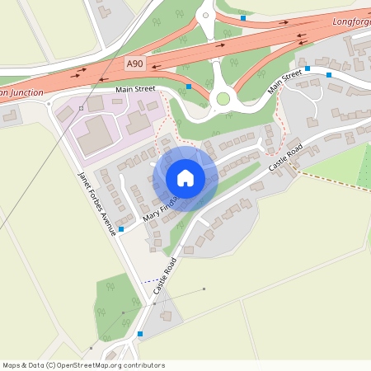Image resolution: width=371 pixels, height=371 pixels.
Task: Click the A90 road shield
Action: pyautogui.click(x=134, y=63)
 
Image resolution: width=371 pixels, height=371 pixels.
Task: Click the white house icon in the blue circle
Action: pyautogui.click(x=185, y=178)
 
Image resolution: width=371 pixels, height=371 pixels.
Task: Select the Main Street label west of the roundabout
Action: pyautogui.click(x=135, y=88)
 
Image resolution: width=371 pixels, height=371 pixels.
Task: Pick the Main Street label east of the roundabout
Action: pyautogui.click(x=283, y=84)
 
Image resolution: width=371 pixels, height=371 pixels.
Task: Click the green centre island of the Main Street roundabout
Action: pyautogui.click(x=222, y=99)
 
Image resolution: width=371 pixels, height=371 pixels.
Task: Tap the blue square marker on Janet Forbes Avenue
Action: pyautogui.click(x=122, y=228)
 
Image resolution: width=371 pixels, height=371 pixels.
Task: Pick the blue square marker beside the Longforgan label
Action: pyautogui.click(x=242, y=17)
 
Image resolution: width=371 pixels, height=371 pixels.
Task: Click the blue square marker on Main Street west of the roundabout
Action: pyautogui.click(x=189, y=86)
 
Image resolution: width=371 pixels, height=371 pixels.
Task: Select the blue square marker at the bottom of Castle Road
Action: pyautogui.click(x=140, y=333)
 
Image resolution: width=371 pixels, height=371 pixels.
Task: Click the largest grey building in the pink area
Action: pyautogui.click(x=96, y=133)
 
